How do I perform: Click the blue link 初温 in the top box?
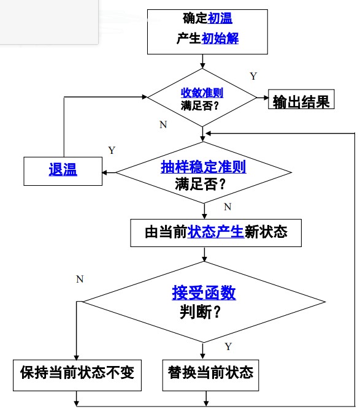pyautogui.click(x=220, y=20)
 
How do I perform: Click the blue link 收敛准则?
pyautogui.click(x=202, y=93)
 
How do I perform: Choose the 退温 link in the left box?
pyautogui.click(x=63, y=170)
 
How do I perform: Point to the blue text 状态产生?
pyautogui.click(x=216, y=232)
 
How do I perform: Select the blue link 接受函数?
pyautogui.click(x=204, y=294)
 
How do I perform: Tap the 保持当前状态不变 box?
pyautogui.click(x=77, y=372)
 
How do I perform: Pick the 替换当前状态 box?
pyautogui.click(x=210, y=372)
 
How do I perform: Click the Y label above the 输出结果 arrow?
pyautogui.click(x=253, y=76)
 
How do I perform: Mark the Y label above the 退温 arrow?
pyautogui.click(x=111, y=150)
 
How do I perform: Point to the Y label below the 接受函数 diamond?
pyautogui.click(x=228, y=346)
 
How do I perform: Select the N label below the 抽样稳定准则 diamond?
pyautogui.click(x=228, y=207)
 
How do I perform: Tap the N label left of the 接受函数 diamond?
pyautogui.click(x=80, y=280)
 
